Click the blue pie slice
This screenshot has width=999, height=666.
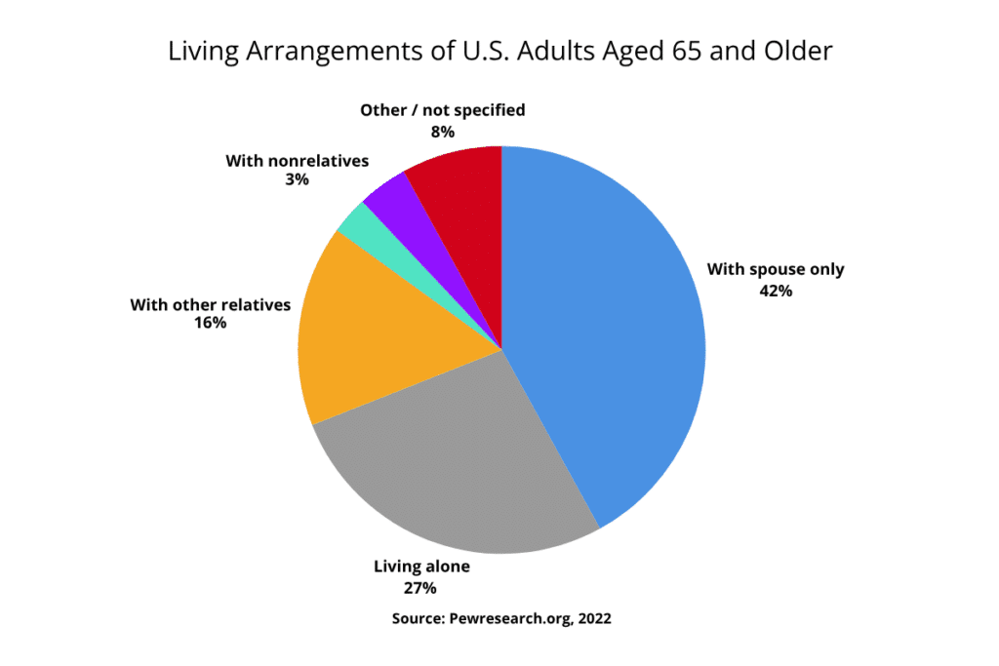[x=605, y=332]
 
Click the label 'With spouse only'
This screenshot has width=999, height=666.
[x=776, y=269]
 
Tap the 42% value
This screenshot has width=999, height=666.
[x=776, y=290]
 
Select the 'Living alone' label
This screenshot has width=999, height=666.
[x=421, y=567]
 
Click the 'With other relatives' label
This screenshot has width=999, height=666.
[x=211, y=305]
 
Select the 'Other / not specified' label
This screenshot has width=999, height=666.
[x=442, y=110]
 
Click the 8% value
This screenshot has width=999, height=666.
[x=442, y=131]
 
